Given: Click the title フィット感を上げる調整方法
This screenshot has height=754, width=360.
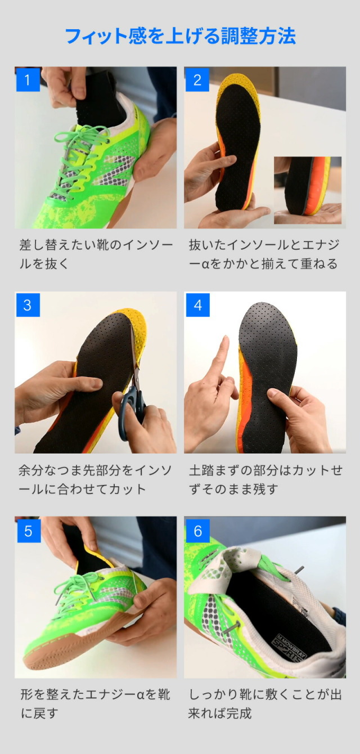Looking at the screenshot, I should pyautogui.click(x=180, y=36).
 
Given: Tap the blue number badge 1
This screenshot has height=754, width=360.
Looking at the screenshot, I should pyautogui.click(x=28, y=79).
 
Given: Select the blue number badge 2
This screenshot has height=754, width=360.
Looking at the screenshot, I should pyautogui.click(x=197, y=79).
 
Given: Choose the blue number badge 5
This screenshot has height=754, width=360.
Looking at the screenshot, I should pyautogui.click(x=28, y=530).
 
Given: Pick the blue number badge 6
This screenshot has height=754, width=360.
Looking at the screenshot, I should pyautogui.click(x=197, y=530).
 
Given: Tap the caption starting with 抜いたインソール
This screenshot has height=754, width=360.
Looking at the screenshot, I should pyautogui.click(x=264, y=254).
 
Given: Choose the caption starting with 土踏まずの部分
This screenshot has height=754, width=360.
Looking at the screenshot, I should pyautogui.click(x=264, y=479).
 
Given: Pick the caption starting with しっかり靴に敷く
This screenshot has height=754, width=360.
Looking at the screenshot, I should pyautogui.click(x=264, y=704).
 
